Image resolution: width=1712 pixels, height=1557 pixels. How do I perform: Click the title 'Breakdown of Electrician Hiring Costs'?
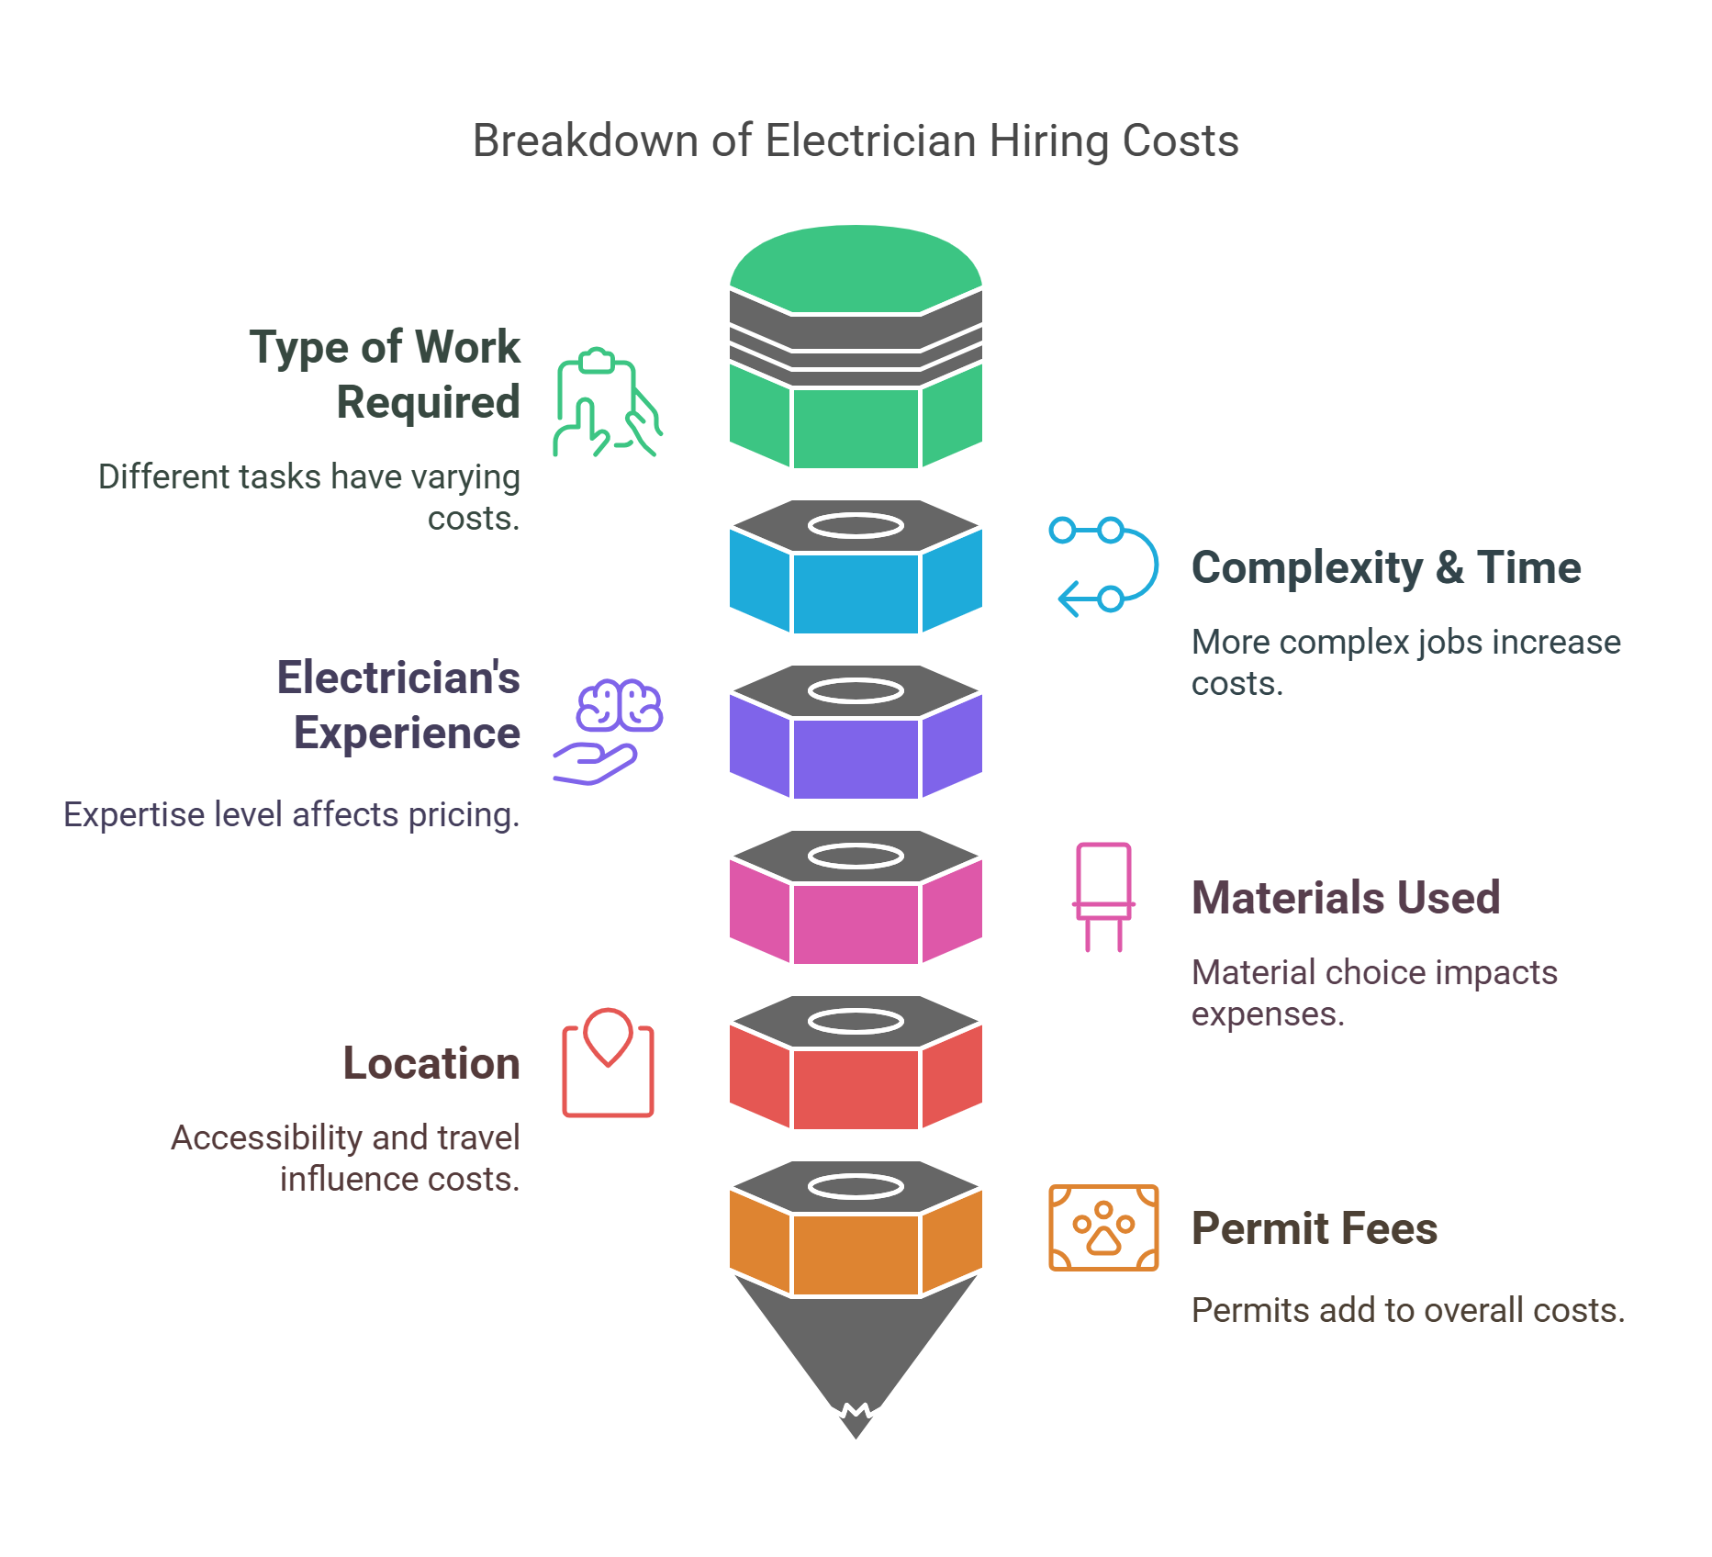click(x=855, y=141)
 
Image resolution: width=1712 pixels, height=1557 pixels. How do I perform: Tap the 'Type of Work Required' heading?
click(x=386, y=375)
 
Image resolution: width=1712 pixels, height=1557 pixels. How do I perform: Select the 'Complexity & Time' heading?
click(x=1386, y=567)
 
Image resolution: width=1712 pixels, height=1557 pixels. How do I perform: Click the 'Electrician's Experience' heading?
click(x=399, y=705)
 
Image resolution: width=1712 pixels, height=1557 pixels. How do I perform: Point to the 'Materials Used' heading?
click(x=1346, y=898)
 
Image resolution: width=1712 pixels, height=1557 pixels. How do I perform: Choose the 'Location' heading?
click(x=431, y=1063)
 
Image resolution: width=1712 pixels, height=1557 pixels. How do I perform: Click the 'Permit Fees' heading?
click(x=1315, y=1228)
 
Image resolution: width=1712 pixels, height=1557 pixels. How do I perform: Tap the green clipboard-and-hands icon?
click(x=607, y=402)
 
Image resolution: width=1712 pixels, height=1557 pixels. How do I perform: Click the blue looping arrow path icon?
click(x=1103, y=566)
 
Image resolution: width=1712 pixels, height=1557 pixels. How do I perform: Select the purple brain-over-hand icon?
click(x=609, y=731)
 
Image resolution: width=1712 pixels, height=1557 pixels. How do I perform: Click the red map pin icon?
click(x=608, y=1063)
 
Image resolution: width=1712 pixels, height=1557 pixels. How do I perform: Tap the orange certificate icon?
click(x=1103, y=1228)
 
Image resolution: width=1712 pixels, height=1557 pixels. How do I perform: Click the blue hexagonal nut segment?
click(x=856, y=592)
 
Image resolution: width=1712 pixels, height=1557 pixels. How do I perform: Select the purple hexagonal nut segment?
click(x=856, y=757)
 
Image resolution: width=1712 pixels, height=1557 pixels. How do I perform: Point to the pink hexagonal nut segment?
click(x=856, y=923)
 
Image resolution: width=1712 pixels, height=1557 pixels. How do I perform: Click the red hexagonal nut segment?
click(x=856, y=1088)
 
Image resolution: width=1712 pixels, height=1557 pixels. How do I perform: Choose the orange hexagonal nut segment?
click(x=856, y=1253)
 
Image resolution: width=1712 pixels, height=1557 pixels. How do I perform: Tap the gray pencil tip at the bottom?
click(x=856, y=1359)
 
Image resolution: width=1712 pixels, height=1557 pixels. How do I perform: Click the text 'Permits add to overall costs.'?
click(x=1407, y=1310)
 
